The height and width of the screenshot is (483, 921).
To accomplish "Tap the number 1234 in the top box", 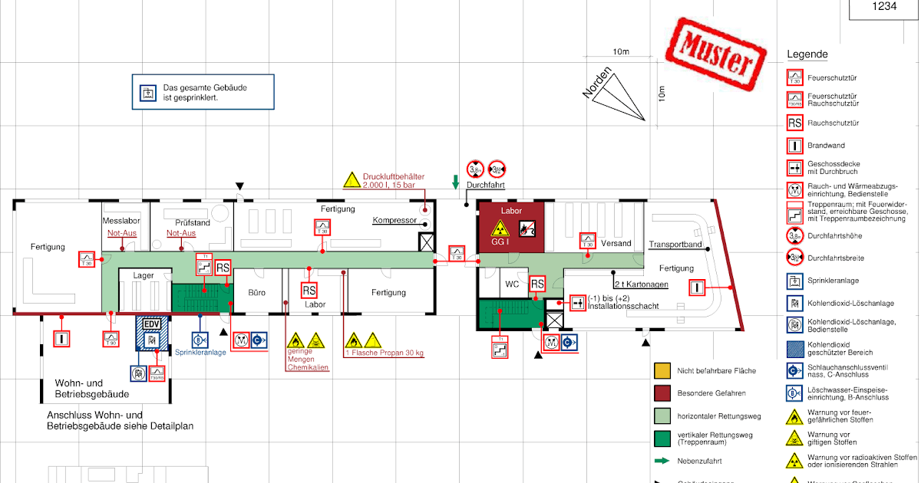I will pos(884,6).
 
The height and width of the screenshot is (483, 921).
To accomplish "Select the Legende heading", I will pos(807,54).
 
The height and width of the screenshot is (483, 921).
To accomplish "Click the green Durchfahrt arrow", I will pos(455,182).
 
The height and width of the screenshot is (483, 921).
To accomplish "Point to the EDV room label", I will pos(151,324).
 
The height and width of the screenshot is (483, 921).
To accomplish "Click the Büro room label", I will pos(256,292).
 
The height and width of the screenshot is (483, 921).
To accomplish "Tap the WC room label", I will pos(512,284).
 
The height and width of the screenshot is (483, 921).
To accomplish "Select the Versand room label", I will pos(616,244).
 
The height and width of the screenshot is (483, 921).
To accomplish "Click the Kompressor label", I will pos(394,221).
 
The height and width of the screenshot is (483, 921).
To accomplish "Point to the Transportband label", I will pos(675,245).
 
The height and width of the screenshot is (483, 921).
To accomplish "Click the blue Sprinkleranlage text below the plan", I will pos(200,353).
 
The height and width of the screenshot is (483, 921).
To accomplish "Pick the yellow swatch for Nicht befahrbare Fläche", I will pos(662,371).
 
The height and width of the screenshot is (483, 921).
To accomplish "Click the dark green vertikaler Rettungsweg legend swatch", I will pos(662,439).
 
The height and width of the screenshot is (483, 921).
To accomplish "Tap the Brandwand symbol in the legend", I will pos(795,144).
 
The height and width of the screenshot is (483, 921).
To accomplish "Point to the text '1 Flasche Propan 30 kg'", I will pos(385,353).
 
